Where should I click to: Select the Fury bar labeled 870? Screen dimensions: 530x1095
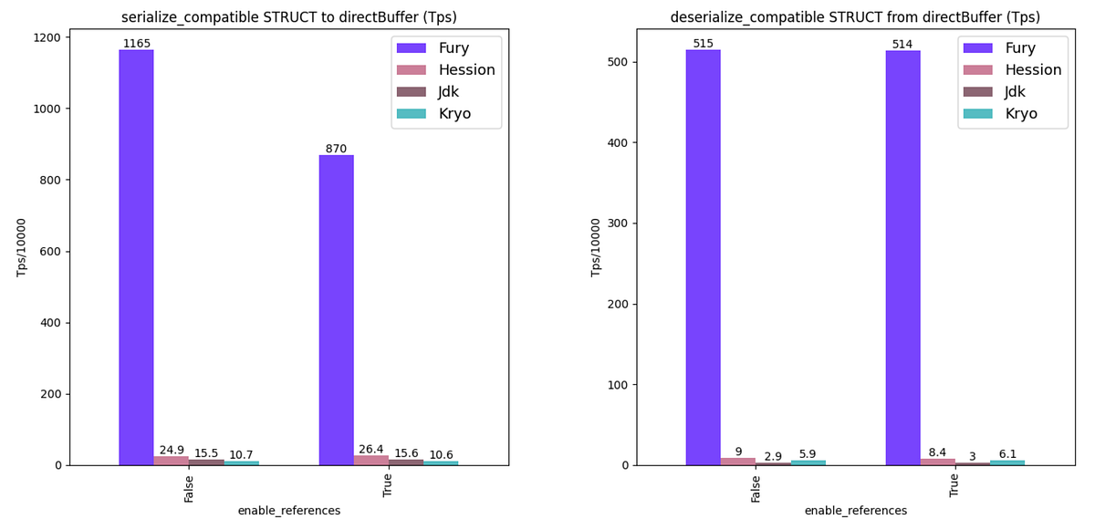tap(336, 310)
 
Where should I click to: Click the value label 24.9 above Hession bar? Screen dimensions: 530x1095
tap(172, 450)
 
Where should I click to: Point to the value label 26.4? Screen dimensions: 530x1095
tap(371, 450)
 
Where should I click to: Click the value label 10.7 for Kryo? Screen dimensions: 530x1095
tap(241, 454)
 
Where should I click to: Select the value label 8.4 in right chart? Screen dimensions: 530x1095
tap(937, 452)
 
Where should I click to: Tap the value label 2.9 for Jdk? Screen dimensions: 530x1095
tap(773, 456)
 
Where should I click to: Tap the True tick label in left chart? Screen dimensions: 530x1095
tap(388, 485)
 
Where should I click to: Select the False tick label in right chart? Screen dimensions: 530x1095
tap(756, 488)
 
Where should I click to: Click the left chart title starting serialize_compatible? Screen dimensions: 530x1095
tap(289, 17)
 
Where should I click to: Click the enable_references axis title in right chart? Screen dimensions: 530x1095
tap(855, 511)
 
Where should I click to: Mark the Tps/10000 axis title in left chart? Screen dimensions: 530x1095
tap(22, 247)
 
